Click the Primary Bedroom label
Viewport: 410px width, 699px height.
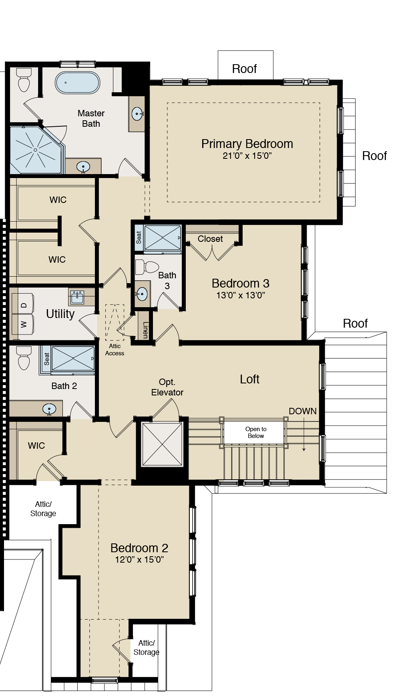pyautogui.click(x=247, y=144)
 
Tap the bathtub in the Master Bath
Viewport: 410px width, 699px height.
pyautogui.click(x=77, y=82)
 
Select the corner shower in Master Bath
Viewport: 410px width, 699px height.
pyautogui.click(x=35, y=150)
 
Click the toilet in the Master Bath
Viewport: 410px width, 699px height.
pyautogui.click(x=24, y=81)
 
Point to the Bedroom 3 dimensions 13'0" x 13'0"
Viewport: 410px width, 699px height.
pyautogui.click(x=240, y=296)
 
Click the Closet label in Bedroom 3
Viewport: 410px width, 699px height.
pyautogui.click(x=210, y=239)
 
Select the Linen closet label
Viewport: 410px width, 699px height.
pyautogui.click(x=145, y=330)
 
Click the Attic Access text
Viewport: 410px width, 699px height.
pyautogui.click(x=115, y=349)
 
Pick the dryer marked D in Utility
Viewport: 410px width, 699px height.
pyautogui.click(x=23, y=305)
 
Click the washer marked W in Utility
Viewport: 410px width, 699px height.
pyautogui.click(x=23, y=324)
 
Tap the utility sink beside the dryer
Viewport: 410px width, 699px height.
pyautogui.click(x=77, y=297)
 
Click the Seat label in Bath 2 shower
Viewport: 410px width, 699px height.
pyautogui.click(x=46, y=359)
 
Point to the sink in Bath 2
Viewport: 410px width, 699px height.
pyautogui.click(x=49, y=409)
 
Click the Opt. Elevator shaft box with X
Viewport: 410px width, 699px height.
pyautogui.click(x=162, y=444)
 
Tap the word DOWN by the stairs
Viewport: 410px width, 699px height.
pyautogui.click(x=302, y=411)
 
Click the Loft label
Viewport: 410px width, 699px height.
pyautogui.click(x=249, y=379)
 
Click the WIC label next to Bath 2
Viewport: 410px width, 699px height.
pyautogui.click(x=36, y=446)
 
